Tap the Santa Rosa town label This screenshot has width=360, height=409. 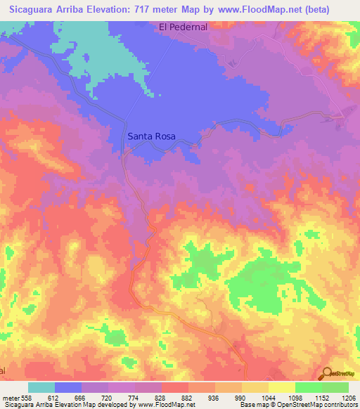click(x=151, y=137)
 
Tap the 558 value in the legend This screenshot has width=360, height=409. click(x=26, y=397)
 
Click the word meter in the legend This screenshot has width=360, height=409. click(x=10, y=397)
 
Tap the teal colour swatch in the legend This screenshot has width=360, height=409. click(x=41, y=387)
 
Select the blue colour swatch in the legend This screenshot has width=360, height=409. click(x=68, y=387)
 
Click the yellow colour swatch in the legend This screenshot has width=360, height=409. click(x=282, y=387)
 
